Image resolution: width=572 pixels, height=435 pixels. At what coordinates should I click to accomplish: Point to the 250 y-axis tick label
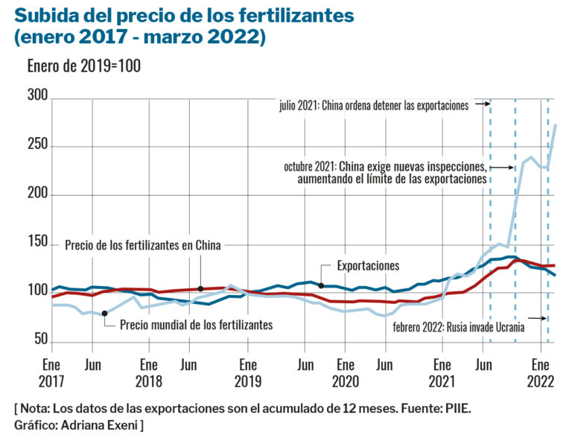pyautogui.click(x=37, y=146)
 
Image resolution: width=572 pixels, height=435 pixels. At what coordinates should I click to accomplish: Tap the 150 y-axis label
pyautogui.click(x=37, y=244)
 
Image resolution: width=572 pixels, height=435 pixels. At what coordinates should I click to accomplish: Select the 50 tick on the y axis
pyautogui.click(x=40, y=340)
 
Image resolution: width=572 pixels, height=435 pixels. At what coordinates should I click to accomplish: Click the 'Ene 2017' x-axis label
pyautogui.click(x=51, y=373)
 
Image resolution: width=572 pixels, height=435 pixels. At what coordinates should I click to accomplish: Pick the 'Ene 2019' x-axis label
pyautogui.click(x=247, y=373)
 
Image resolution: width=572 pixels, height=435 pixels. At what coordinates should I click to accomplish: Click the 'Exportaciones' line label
pyautogui.click(x=368, y=266)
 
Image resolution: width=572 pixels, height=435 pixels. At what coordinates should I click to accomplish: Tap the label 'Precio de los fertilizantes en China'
pyautogui.click(x=143, y=245)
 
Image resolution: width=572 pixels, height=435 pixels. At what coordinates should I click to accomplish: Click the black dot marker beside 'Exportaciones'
pyautogui.click(x=321, y=285)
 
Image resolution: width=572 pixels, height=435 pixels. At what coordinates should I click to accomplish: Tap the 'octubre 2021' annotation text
pyautogui.click(x=385, y=172)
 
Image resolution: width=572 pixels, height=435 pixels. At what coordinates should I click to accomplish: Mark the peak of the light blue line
pyautogui.click(x=556, y=125)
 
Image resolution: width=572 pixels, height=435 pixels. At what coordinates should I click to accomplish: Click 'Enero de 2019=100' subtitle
pyautogui.click(x=83, y=66)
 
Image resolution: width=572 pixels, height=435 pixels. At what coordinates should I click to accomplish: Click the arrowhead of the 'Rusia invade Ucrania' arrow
pyautogui.click(x=547, y=319)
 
